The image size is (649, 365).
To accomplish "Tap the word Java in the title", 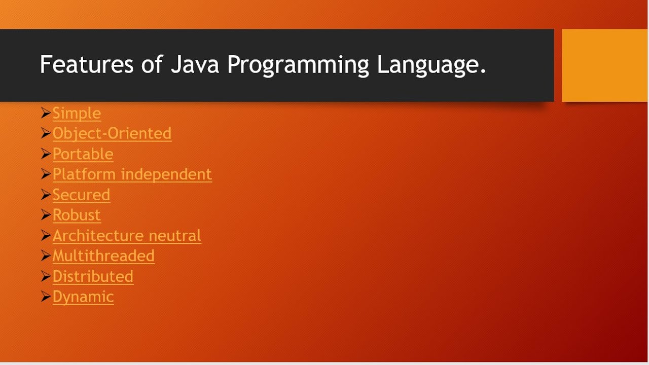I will click(x=195, y=65).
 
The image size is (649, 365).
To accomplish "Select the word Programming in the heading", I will click(x=298, y=65).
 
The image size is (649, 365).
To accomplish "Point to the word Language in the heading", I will click(x=431, y=65).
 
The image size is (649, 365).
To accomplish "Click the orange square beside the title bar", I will click(x=605, y=65).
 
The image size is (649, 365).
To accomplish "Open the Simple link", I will click(x=77, y=113).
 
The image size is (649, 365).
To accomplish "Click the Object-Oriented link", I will click(x=112, y=133).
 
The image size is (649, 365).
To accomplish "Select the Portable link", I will click(x=83, y=154).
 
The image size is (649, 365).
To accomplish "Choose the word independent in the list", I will click(x=166, y=174).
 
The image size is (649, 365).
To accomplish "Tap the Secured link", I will click(x=81, y=195).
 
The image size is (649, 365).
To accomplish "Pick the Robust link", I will click(x=77, y=215).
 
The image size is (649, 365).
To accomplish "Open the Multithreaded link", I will click(x=103, y=256).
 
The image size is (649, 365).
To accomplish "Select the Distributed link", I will click(x=93, y=276).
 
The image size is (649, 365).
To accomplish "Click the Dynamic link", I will click(x=83, y=297).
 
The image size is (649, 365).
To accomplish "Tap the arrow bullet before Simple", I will click(x=46, y=113).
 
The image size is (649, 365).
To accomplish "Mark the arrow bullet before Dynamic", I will click(x=46, y=296).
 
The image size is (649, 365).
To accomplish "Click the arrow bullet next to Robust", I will click(x=46, y=214).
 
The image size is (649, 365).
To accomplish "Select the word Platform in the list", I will click(x=84, y=174).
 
